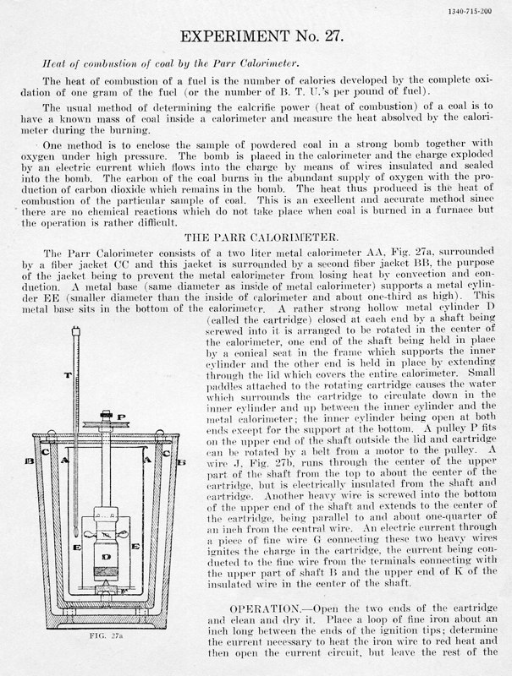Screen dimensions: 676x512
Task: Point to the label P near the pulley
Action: point(124,417)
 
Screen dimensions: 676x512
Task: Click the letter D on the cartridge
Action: point(106,559)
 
